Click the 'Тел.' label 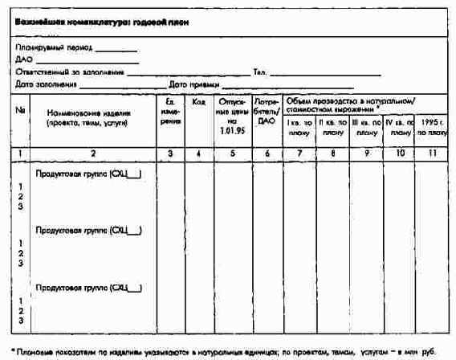259,72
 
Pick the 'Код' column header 198,102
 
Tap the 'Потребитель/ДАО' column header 266,112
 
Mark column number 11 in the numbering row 432,152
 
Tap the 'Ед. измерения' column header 169,112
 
